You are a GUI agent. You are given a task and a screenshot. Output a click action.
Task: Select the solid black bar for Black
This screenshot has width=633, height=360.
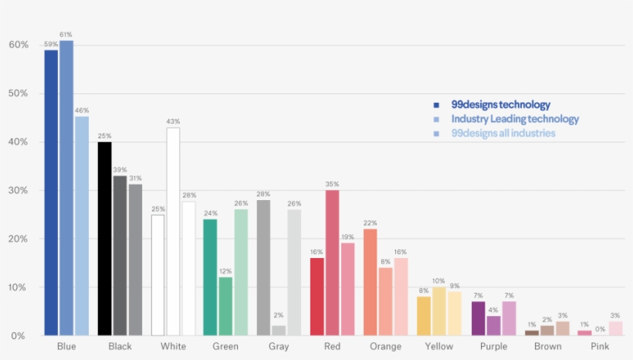[104, 239]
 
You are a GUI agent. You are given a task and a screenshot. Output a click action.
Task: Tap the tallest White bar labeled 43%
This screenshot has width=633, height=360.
[173, 231]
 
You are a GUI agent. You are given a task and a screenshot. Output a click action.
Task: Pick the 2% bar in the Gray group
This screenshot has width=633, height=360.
[279, 330]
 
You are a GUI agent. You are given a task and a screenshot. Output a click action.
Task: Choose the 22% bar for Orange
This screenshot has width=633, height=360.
[371, 282]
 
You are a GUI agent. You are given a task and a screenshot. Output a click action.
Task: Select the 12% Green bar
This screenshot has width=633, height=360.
[225, 306]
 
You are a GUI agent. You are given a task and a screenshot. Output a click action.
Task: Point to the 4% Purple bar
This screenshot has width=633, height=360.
[493, 325]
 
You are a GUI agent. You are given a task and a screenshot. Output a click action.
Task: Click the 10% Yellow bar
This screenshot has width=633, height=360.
[438, 311]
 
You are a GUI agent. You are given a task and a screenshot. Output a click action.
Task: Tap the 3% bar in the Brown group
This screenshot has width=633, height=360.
[563, 328]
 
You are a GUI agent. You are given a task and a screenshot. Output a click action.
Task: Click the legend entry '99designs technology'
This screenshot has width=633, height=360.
[501, 104]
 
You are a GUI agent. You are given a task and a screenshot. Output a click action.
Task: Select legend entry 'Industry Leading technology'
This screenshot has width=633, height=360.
[515, 119]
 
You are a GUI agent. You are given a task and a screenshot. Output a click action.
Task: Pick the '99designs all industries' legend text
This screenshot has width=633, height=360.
[503, 133]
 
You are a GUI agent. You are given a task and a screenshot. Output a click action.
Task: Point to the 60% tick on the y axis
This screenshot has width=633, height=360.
[19, 45]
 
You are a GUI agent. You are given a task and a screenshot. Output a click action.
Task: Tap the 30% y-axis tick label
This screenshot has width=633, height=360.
[19, 191]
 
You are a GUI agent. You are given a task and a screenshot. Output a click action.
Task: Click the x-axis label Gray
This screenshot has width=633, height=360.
[279, 347]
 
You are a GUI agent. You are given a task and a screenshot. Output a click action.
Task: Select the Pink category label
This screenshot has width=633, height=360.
[600, 347]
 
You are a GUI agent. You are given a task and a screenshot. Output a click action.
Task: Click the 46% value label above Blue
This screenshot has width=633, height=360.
[82, 112]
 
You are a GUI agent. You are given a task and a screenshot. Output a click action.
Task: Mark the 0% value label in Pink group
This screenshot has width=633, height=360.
[600, 329]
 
